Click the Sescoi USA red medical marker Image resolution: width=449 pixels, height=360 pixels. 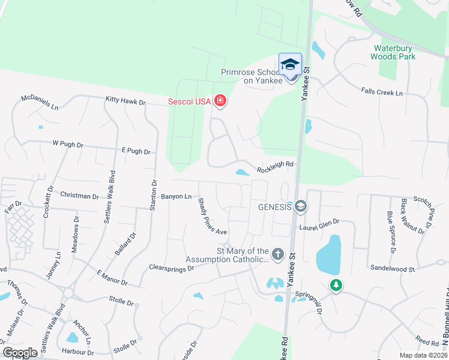tap(220, 101)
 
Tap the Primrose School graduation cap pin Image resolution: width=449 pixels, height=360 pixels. tap(291, 65)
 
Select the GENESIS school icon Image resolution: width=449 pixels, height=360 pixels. tap(301, 207)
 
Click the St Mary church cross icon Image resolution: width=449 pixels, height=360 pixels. tap(277, 254)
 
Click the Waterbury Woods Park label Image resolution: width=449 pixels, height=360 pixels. tap(394, 52)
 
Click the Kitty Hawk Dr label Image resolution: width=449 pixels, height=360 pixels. tap(125, 102)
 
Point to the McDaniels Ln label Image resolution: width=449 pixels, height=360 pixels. tap(40, 102)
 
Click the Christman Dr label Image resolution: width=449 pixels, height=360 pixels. tap(80, 196)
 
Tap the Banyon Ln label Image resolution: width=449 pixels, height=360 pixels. tap(176, 196)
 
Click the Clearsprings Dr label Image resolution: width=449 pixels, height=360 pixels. tap(172, 268)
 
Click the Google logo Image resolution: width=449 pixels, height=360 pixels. tap(19, 353)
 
